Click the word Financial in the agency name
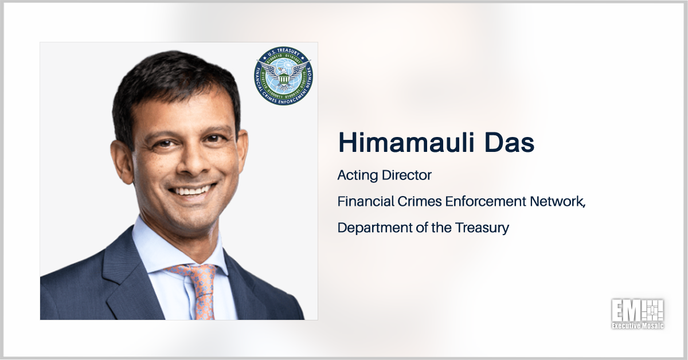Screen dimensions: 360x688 tap(362, 201)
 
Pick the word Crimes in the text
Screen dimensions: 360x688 tap(412, 201)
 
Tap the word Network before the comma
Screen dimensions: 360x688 tap(554, 201)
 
